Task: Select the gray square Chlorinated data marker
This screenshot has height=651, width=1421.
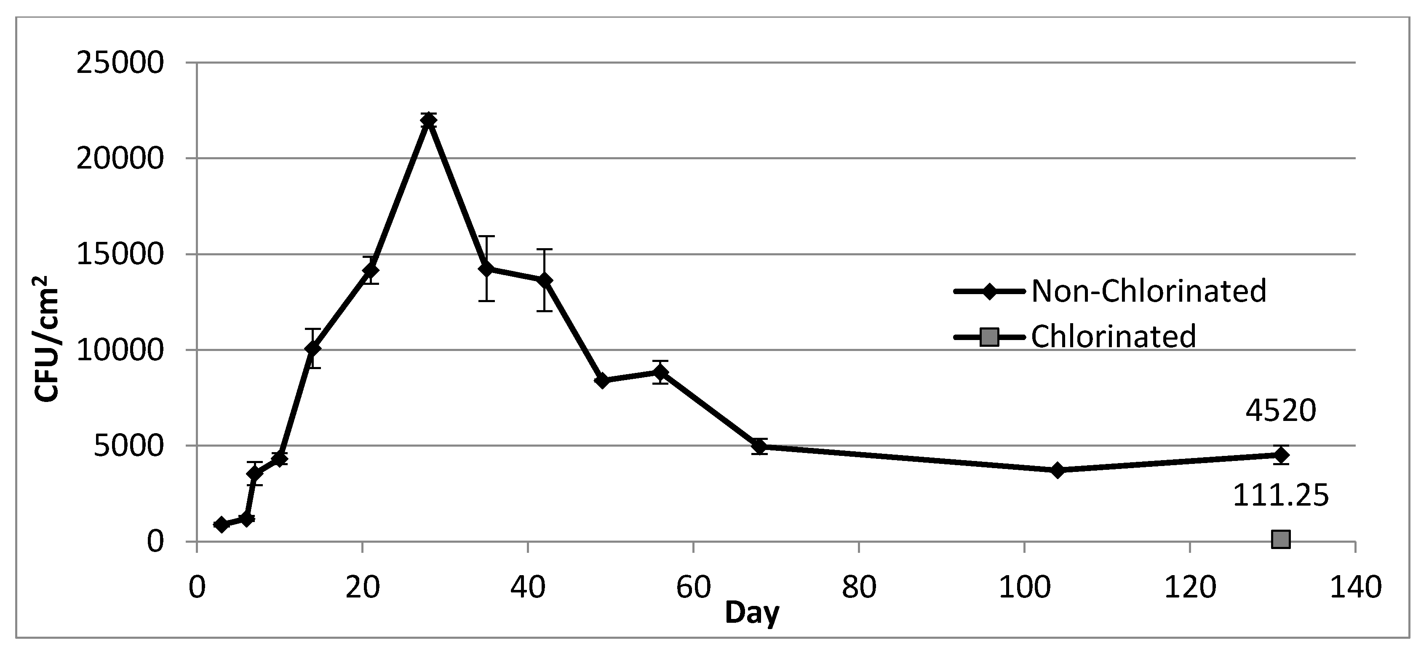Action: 1280,539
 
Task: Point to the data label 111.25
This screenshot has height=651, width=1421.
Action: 1280,496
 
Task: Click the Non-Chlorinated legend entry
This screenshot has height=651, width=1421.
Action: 1109,291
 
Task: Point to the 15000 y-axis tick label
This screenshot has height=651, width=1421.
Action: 121,255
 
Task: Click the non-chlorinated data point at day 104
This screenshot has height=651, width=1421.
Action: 1058,470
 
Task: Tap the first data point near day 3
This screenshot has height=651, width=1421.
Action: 221,525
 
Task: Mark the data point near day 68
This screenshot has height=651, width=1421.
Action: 760,446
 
